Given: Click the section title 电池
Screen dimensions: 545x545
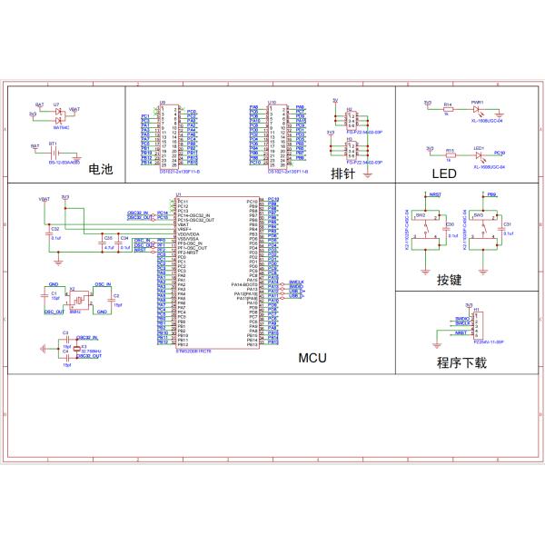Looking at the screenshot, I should (x=100, y=169).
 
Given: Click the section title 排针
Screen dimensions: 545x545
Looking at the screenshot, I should (x=342, y=173).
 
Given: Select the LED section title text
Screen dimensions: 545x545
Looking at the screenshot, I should (x=444, y=174).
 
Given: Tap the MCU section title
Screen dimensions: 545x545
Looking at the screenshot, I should (x=312, y=358).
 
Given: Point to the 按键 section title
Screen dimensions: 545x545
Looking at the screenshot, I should (x=450, y=280).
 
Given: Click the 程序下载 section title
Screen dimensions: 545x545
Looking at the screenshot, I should (x=461, y=362).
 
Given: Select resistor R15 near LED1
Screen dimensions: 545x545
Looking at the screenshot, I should (x=448, y=155).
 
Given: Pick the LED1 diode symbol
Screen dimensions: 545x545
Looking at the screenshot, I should (x=477, y=155).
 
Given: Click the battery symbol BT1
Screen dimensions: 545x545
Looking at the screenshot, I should (x=54, y=153).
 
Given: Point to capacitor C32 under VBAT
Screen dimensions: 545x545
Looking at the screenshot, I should (x=56, y=232).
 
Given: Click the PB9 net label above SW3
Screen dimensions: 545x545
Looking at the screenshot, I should (x=492, y=195).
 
